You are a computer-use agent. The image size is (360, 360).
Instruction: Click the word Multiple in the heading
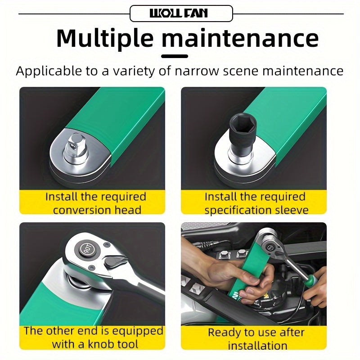(x=105, y=39)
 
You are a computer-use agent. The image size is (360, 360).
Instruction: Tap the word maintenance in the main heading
(x=240, y=39)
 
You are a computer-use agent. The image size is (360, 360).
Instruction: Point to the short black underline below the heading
(x=175, y=56)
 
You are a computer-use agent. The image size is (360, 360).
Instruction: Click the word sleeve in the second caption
(x=292, y=210)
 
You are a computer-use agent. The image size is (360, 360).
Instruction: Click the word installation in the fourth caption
(x=257, y=346)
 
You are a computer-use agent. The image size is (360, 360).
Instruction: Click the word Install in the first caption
(x=62, y=197)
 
